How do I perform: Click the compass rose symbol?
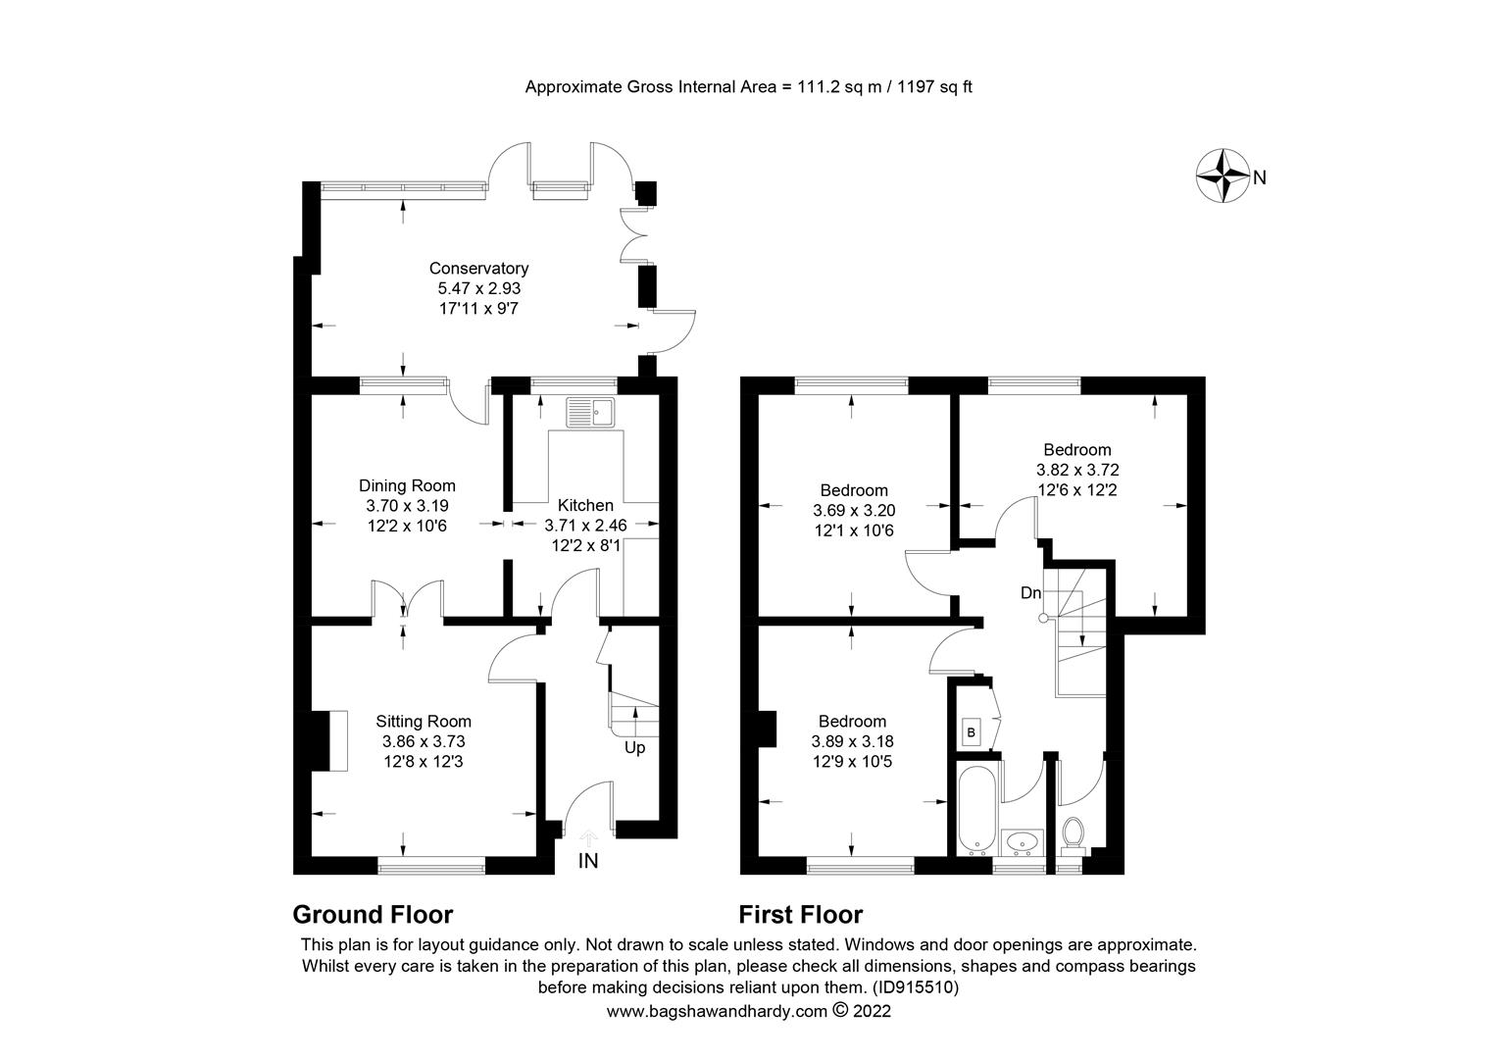pyautogui.click(x=1222, y=176)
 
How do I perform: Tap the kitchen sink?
pyautogui.click(x=589, y=413)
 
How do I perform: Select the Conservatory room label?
pyautogui.click(x=478, y=269)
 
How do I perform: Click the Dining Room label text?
pyautogui.click(x=407, y=485)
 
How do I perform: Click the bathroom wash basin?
pyautogui.click(x=1024, y=842)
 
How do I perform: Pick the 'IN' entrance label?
pyautogui.click(x=588, y=862)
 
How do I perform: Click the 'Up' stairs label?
pyautogui.click(x=635, y=748)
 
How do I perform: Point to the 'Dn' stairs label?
pyautogui.click(x=1030, y=593)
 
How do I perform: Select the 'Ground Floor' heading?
pyautogui.click(x=373, y=915)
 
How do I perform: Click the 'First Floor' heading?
pyautogui.click(x=800, y=915)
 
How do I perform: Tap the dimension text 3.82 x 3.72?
pyautogui.click(x=1077, y=470)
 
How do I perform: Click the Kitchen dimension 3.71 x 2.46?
pyautogui.click(x=585, y=525)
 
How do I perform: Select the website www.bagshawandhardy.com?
pyautogui.click(x=717, y=1011)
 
